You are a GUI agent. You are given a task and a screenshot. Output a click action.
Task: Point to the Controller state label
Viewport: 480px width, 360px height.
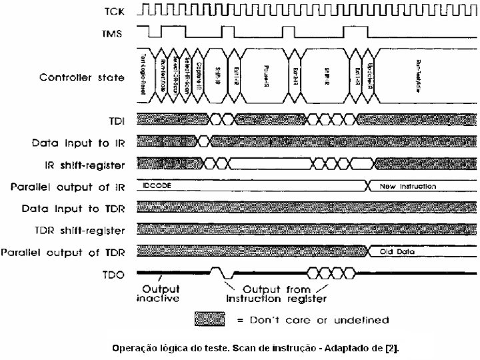[82, 77]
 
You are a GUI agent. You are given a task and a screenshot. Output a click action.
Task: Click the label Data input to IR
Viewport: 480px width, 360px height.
[79, 143]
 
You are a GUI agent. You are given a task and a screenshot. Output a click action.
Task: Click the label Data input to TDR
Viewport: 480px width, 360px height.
[73, 209]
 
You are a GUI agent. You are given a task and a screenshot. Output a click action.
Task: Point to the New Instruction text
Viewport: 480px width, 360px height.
[408, 186]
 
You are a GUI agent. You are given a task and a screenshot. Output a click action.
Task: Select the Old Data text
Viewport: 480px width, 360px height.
[397, 252]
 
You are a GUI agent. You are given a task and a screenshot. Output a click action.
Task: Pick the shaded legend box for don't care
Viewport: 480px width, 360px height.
[217, 319]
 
